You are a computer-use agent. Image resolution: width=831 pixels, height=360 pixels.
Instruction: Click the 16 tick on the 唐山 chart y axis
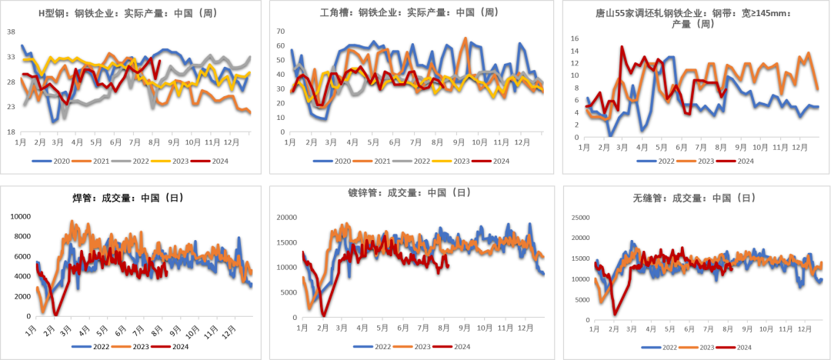coord(575,38)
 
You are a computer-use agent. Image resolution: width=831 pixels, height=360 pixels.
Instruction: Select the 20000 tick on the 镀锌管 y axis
coord(286,218)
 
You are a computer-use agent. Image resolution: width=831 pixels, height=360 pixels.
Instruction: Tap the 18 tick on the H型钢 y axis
coord(11,132)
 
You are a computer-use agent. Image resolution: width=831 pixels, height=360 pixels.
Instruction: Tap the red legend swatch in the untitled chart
coord(161,346)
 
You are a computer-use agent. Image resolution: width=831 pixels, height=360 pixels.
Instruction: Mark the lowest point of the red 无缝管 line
coord(615,314)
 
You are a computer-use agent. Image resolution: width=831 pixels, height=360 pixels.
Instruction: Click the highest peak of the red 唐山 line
coord(622,47)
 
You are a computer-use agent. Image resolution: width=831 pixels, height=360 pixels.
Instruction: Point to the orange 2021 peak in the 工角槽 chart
coord(466,38)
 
